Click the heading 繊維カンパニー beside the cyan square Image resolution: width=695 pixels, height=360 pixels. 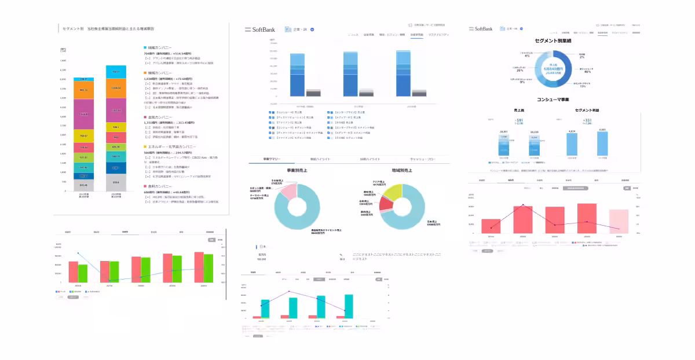[160, 47]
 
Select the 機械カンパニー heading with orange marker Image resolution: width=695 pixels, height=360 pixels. [160, 72]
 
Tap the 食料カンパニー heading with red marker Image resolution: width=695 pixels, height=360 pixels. [159, 186]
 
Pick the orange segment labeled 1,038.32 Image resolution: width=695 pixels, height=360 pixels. [115, 87]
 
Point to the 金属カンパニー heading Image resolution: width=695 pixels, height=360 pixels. [159, 117]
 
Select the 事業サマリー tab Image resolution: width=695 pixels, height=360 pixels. [271, 159]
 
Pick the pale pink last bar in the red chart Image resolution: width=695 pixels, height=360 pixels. [619, 222]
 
